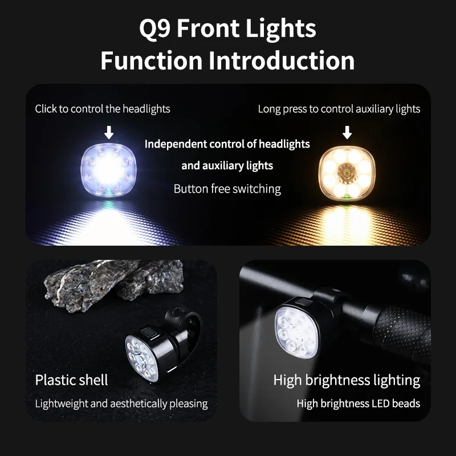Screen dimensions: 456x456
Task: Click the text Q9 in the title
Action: click(x=156, y=28)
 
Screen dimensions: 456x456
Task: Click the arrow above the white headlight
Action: click(x=109, y=133)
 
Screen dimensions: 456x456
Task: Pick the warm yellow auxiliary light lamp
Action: click(x=347, y=170)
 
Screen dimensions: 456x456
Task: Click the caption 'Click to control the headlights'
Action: click(x=103, y=108)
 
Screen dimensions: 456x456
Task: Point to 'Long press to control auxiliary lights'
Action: click(x=339, y=108)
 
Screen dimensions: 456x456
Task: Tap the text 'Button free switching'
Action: click(x=227, y=189)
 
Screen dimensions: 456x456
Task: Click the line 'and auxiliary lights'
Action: click(x=227, y=166)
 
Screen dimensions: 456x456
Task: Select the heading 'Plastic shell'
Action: click(x=71, y=380)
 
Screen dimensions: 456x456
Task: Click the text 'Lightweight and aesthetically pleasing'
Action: click(x=121, y=404)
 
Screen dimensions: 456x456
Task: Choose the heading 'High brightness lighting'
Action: click(x=347, y=380)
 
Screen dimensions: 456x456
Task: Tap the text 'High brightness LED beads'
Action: click(x=358, y=404)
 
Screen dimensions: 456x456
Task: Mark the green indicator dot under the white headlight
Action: click(x=106, y=199)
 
